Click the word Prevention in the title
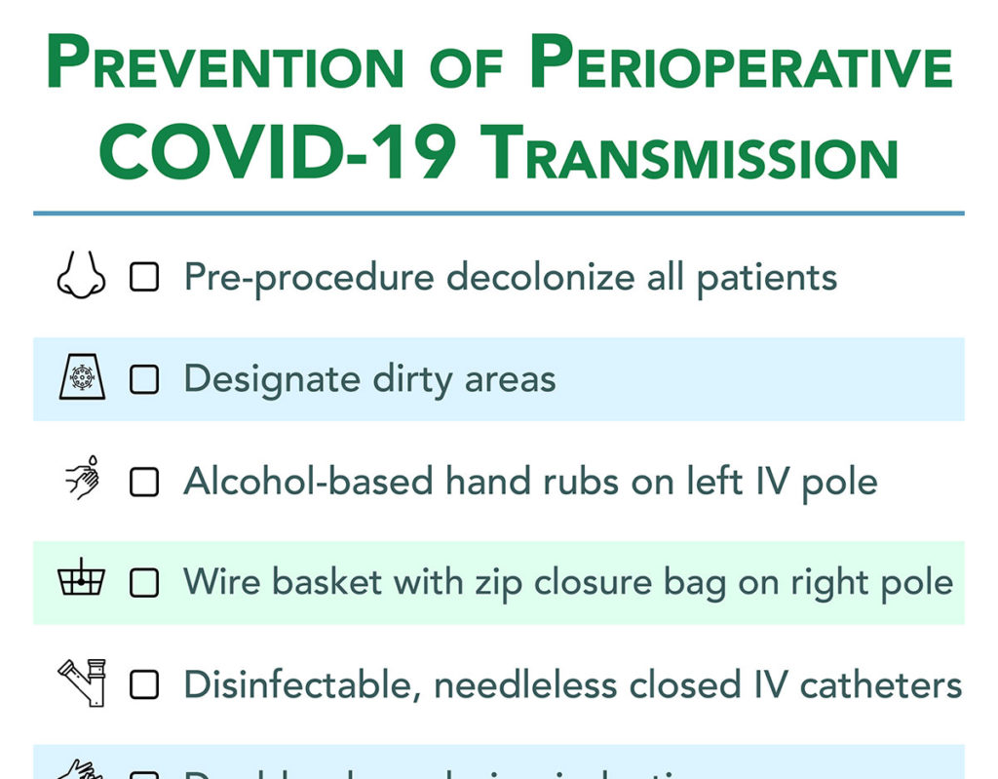point(224,64)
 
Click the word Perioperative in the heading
point(740,64)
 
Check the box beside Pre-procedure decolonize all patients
point(144,279)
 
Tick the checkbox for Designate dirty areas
point(144,379)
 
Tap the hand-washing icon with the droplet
point(81,480)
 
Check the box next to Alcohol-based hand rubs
point(144,482)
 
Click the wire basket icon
point(80,580)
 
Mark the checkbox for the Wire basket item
point(144,583)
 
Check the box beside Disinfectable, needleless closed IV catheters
point(144,684)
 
